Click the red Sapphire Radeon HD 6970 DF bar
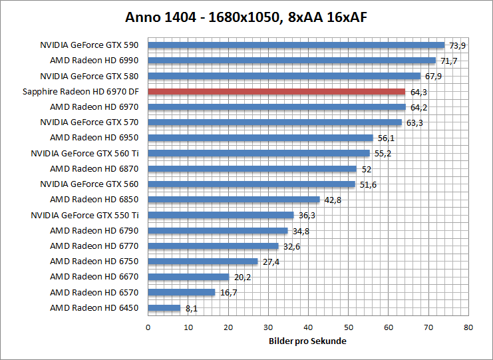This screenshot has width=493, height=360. pos(276,92)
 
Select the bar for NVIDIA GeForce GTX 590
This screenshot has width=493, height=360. pos(296,45)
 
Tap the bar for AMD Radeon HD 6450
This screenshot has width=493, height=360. pos(164,308)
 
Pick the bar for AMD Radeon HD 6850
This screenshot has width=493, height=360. pos(234,200)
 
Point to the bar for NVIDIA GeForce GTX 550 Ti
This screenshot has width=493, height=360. pos(220,215)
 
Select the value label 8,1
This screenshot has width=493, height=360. pos(192,308)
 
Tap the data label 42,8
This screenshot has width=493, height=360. pos(333,200)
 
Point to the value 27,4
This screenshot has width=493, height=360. pos(271,262)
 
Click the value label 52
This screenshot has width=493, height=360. pos(367,169)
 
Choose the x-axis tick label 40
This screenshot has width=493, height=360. pos(308,327)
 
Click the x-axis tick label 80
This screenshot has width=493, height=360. pos(468,327)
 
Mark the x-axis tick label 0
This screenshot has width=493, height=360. pos(148,327)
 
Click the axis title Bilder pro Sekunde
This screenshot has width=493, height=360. pos(308,341)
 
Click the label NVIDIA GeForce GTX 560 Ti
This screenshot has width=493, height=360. pos(84,153)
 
